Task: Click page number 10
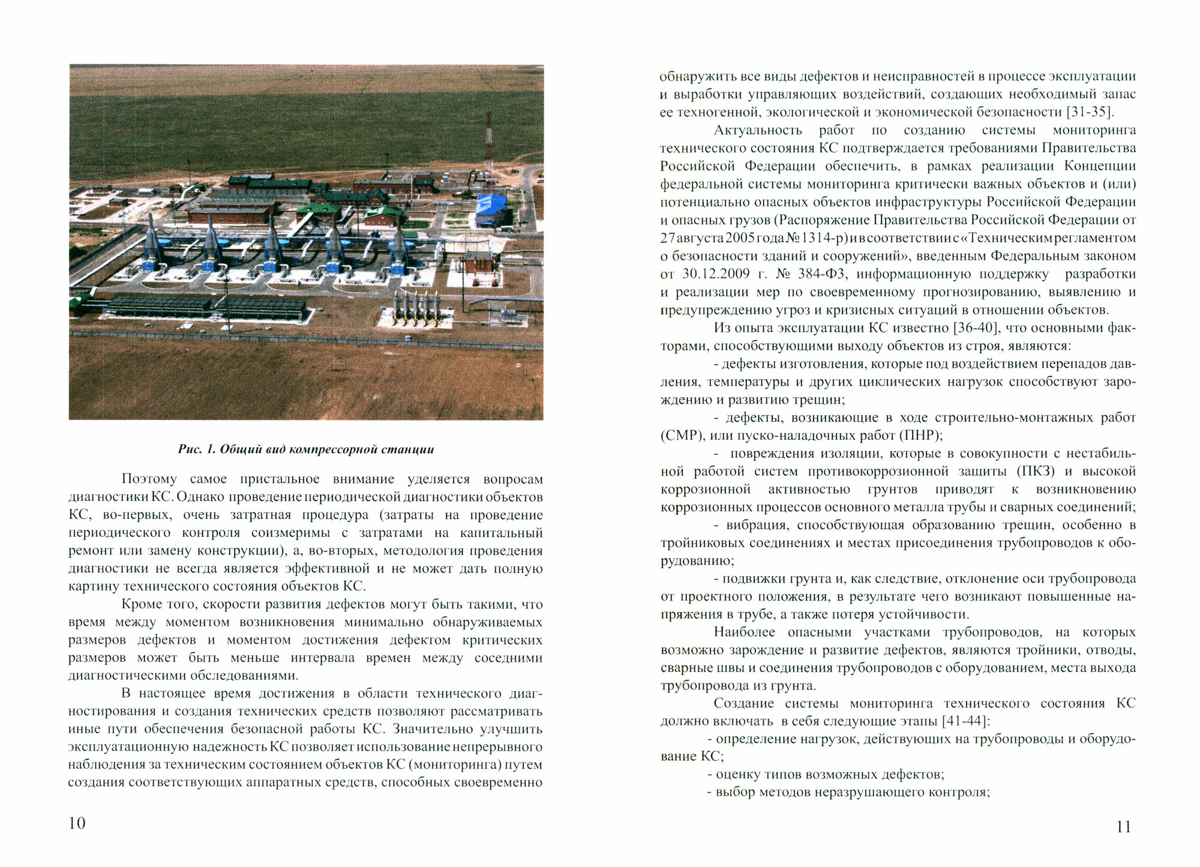click(x=77, y=823)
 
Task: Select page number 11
click(x=1123, y=827)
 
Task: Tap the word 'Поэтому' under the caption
click(x=149, y=479)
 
